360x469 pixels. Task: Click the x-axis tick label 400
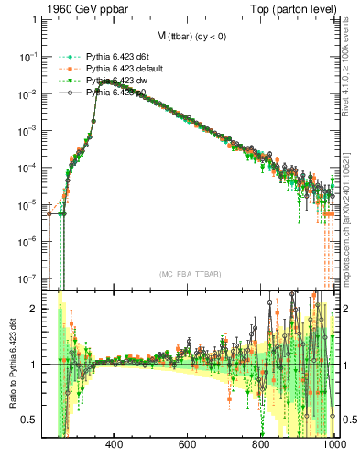point(115,447)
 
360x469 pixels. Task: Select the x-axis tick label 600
point(188,447)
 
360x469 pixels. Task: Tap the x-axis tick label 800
point(261,447)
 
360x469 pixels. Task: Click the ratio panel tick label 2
point(34,309)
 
